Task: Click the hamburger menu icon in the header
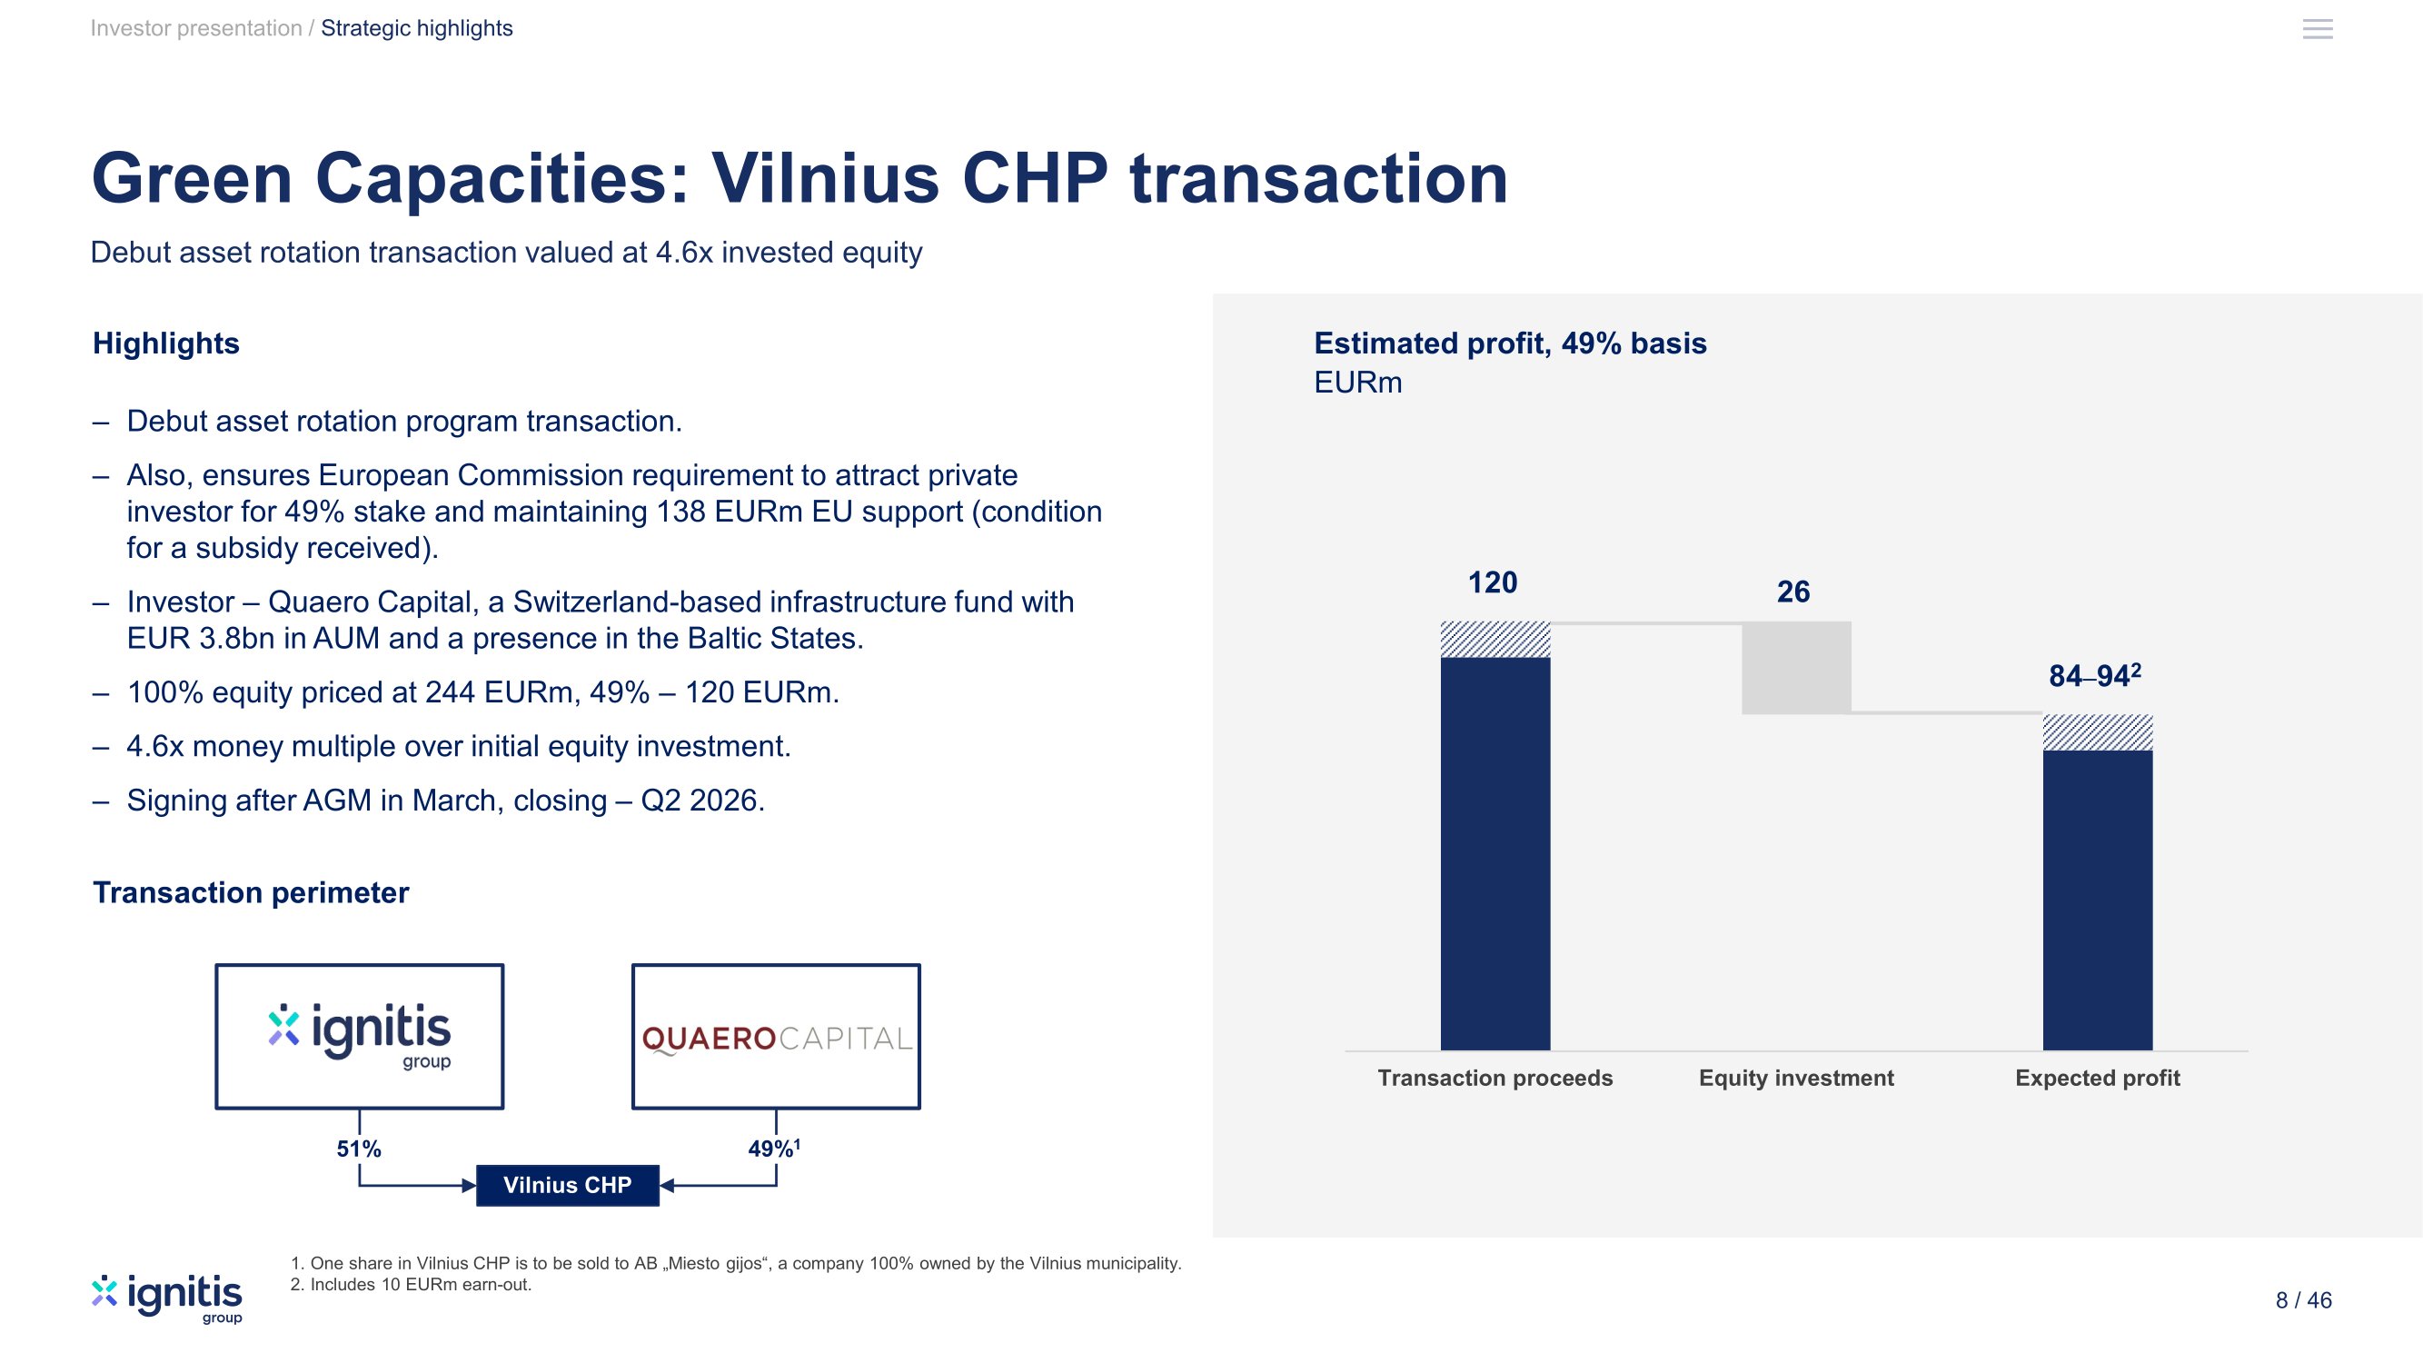coord(2318,29)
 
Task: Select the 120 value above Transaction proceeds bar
coord(1493,582)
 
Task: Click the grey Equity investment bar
coord(1796,667)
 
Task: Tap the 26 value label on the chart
coord(1792,592)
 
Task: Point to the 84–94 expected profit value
coord(2095,675)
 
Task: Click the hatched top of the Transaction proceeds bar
coord(1495,640)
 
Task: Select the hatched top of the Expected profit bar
coord(2098,731)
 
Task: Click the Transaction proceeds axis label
coord(1495,1078)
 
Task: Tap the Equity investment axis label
coord(1796,1078)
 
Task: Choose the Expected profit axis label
coord(2098,1078)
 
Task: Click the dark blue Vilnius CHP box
coord(567,1185)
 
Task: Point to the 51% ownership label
coord(358,1149)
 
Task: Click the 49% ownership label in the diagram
coord(774,1148)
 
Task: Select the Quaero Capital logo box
coord(776,1037)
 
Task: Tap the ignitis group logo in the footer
coord(167,1298)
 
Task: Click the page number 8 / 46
coord(2304,1300)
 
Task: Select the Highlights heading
coord(165,343)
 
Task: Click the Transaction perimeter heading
coord(250,892)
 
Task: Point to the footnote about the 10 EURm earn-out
coord(411,1285)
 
